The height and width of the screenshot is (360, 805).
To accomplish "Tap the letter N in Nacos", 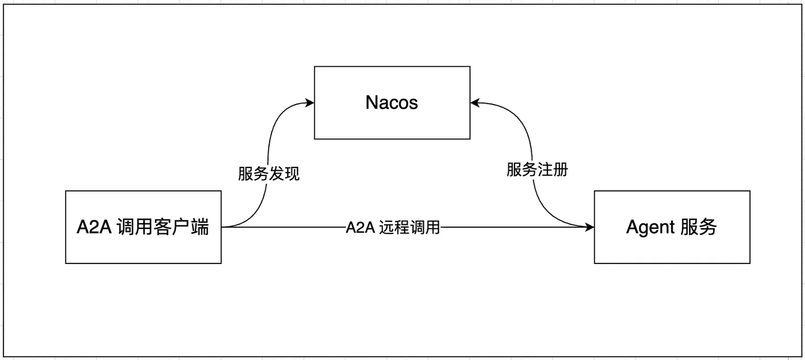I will (371, 103).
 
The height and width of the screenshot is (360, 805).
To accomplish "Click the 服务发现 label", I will (269, 174).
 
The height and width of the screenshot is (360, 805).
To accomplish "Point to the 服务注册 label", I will (537, 170).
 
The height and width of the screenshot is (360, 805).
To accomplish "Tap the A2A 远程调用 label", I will (393, 228).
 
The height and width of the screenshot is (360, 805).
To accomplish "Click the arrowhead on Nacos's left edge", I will (310, 103).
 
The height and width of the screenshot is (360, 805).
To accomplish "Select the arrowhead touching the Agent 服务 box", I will (590, 228).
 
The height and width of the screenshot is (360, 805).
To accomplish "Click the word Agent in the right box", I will (650, 228).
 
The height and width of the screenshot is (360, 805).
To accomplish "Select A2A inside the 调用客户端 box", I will (94, 228).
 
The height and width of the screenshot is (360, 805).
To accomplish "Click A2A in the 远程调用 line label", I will (361, 228).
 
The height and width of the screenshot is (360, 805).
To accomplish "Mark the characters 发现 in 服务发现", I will (285, 174).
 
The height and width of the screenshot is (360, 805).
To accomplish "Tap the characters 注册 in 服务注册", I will (553, 170).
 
